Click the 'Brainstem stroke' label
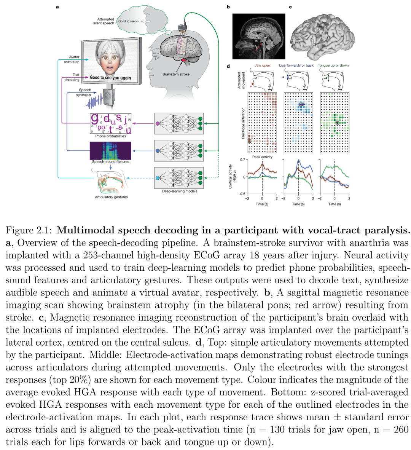coord(175,74)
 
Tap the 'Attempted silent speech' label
coord(104,21)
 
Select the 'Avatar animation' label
coord(74,59)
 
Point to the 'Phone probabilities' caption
coord(110,136)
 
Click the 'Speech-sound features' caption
coord(110,162)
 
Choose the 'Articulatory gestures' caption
coord(111,197)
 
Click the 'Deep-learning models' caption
coord(180,191)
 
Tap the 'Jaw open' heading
coord(262,65)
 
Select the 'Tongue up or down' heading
coord(333,65)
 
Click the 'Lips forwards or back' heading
coord(296,65)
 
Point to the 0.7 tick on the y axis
coord(242,160)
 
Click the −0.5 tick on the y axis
coord(242,194)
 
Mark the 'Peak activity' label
coord(262,157)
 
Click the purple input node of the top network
coord(158,123)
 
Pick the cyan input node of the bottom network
coord(158,178)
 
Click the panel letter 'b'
coord(228,7)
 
